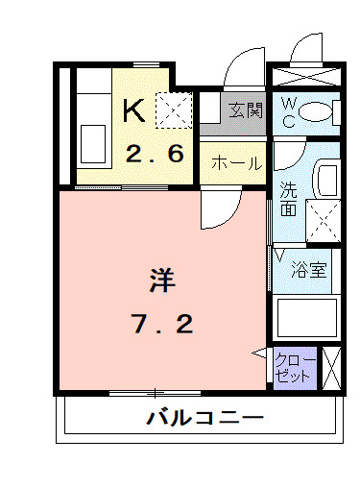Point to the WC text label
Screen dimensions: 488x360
[x=288, y=112]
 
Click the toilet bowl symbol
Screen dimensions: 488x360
[x=316, y=112]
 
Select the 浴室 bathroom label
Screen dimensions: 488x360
[x=309, y=270]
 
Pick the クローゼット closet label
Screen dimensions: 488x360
[x=292, y=368]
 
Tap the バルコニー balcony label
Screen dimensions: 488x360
[x=204, y=419]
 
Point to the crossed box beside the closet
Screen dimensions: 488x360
[x=332, y=368]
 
